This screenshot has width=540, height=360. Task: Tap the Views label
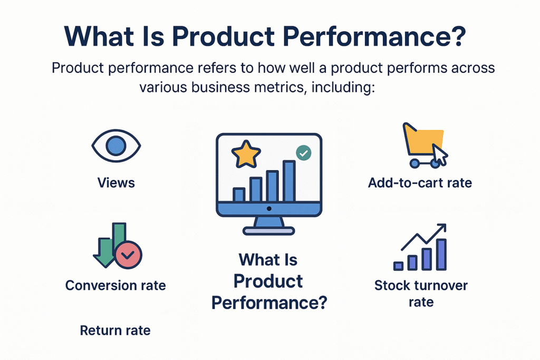click(x=116, y=183)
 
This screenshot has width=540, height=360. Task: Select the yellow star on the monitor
click(x=246, y=154)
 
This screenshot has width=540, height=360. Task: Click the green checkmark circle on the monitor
click(x=303, y=153)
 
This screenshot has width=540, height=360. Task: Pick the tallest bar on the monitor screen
click(x=289, y=181)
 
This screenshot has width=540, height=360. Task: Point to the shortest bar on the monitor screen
click(x=239, y=194)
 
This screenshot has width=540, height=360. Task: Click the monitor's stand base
click(x=268, y=230)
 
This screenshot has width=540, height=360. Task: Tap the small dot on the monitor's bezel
click(x=269, y=209)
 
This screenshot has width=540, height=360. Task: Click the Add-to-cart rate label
click(x=420, y=183)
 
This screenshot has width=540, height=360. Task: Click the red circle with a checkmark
click(x=128, y=255)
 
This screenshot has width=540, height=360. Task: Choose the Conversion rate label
click(x=115, y=286)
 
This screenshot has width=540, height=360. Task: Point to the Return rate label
click(x=115, y=330)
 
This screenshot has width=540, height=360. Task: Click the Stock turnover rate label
click(x=421, y=294)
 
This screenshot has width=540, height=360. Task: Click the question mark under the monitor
click(x=320, y=303)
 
